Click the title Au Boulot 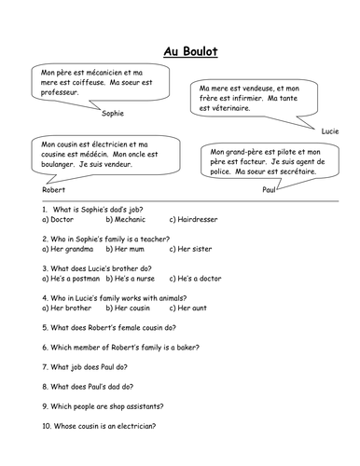click(180, 54)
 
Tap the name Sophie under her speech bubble click(111, 112)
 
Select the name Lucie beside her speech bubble click(330, 131)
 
